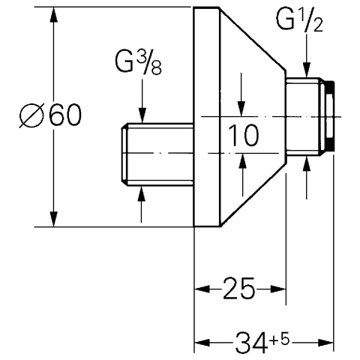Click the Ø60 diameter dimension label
pos(51,115)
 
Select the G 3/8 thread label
pos(138,63)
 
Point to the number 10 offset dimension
pos(244,135)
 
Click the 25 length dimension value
pos(238,289)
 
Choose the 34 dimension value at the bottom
pos(250,342)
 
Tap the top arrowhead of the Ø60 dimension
pos(53,15)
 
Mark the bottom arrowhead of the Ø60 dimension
pos(53,219)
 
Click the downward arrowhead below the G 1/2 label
pos(307,70)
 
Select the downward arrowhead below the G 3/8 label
pos(142,115)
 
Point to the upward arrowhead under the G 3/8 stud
pos(142,193)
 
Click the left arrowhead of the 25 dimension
pos(202,289)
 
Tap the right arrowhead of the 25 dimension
pos(278,289)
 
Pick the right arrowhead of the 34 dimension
pos(326,342)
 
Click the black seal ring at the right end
pos(331,116)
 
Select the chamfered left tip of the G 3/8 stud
pos(124,154)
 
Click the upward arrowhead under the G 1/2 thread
pos(307,163)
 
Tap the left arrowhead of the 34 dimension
pos(202,342)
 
